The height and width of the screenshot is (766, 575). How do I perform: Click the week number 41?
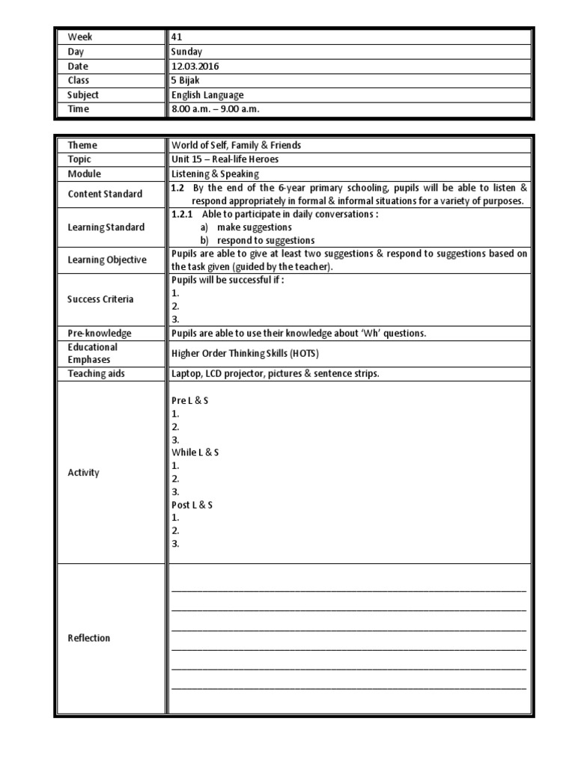pyautogui.click(x=177, y=36)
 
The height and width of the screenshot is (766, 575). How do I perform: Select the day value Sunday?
pyautogui.click(x=186, y=52)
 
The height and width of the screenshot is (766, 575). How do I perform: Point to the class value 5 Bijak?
pyautogui.click(x=188, y=80)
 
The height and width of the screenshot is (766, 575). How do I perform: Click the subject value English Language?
pyautogui.click(x=207, y=95)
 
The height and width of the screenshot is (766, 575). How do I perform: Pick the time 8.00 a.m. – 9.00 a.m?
pyautogui.click(x=215, y=109)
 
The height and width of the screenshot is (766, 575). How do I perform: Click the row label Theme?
pyautogui.click(x=82, y=145)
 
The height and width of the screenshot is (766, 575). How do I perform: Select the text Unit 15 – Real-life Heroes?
pyautogui.click(x=225, y=159)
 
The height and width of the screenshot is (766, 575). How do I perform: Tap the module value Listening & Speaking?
pyautogui.click(x=215, y=174)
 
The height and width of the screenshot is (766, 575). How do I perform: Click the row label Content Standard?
pyautogui.click(x=105, y=194)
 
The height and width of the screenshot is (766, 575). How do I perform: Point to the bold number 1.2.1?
pyautogui.click(x=183, y=213)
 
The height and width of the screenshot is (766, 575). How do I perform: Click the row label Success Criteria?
pyautogui.click(x=100, y=299)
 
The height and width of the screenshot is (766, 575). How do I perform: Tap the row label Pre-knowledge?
pyautogui.click(x=99, y=333)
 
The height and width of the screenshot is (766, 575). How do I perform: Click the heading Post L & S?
pyautogui.click(x=192, y=505)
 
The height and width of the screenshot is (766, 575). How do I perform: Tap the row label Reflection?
pyautogui.click(x=89, y=638)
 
